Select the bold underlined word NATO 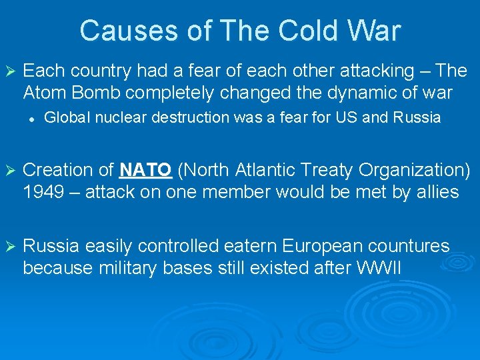click(146, 171)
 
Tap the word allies click(437, 193)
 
